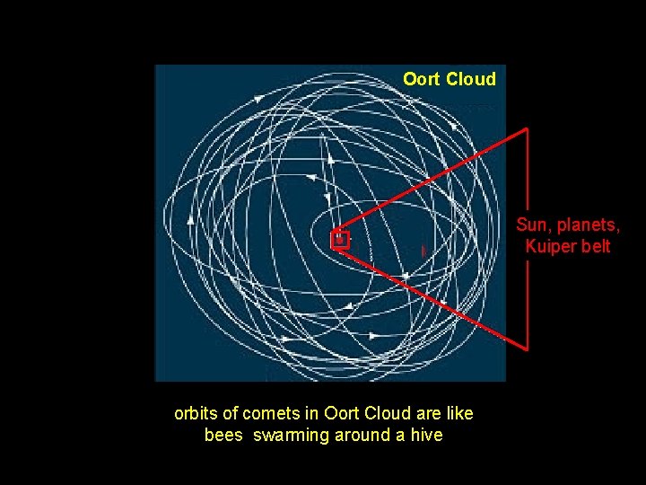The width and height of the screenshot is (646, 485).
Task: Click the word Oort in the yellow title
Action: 421,79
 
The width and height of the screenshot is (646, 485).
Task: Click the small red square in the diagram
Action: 339,239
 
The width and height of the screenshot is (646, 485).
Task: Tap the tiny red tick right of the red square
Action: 423,251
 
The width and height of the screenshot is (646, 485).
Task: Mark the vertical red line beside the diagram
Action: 528,238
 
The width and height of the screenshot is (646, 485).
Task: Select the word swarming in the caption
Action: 292,436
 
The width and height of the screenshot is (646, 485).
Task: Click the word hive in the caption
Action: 426,436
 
